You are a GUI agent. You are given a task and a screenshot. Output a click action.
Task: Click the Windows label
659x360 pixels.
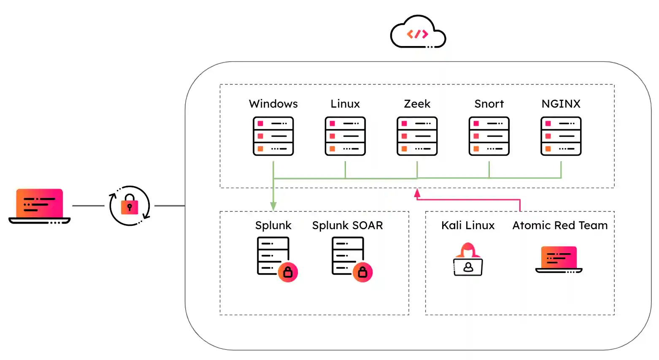coord(273,104)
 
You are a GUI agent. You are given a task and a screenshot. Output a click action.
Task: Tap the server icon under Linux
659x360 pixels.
coord(345,136)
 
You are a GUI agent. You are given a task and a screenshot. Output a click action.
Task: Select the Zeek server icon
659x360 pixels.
coord(417,136)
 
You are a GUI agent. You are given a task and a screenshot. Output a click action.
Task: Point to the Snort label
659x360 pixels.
coord(489,104)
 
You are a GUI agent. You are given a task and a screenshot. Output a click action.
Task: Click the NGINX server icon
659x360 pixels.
coord(561,136)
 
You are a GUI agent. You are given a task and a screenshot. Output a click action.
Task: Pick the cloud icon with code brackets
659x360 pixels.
coord(418,32)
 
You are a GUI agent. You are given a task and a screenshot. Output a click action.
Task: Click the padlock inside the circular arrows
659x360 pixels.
coord(130,206)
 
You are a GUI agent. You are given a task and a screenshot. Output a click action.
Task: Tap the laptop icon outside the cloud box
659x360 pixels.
coord(40,206)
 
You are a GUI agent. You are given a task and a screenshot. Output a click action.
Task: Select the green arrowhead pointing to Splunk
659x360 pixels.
coord(273,206)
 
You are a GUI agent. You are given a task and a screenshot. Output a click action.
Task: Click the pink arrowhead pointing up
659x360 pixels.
coord(417,193)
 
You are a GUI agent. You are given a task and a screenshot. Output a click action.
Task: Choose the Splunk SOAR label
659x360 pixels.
coord(347,225)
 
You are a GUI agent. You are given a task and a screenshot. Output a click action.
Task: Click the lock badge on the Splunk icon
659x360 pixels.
coord(288,272)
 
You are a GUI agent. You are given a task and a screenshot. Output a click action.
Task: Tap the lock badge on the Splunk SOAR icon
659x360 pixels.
coord(362,272)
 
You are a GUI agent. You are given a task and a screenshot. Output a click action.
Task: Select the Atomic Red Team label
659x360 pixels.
coord(560,225)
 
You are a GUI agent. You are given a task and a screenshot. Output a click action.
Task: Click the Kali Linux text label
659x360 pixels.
coord(468,225)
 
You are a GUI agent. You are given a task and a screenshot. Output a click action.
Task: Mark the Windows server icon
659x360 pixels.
coord(273,136)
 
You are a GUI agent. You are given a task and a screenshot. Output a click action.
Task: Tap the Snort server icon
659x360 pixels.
coord(489,136)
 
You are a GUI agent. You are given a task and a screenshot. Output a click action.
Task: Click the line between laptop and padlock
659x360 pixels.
coord(88,206)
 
